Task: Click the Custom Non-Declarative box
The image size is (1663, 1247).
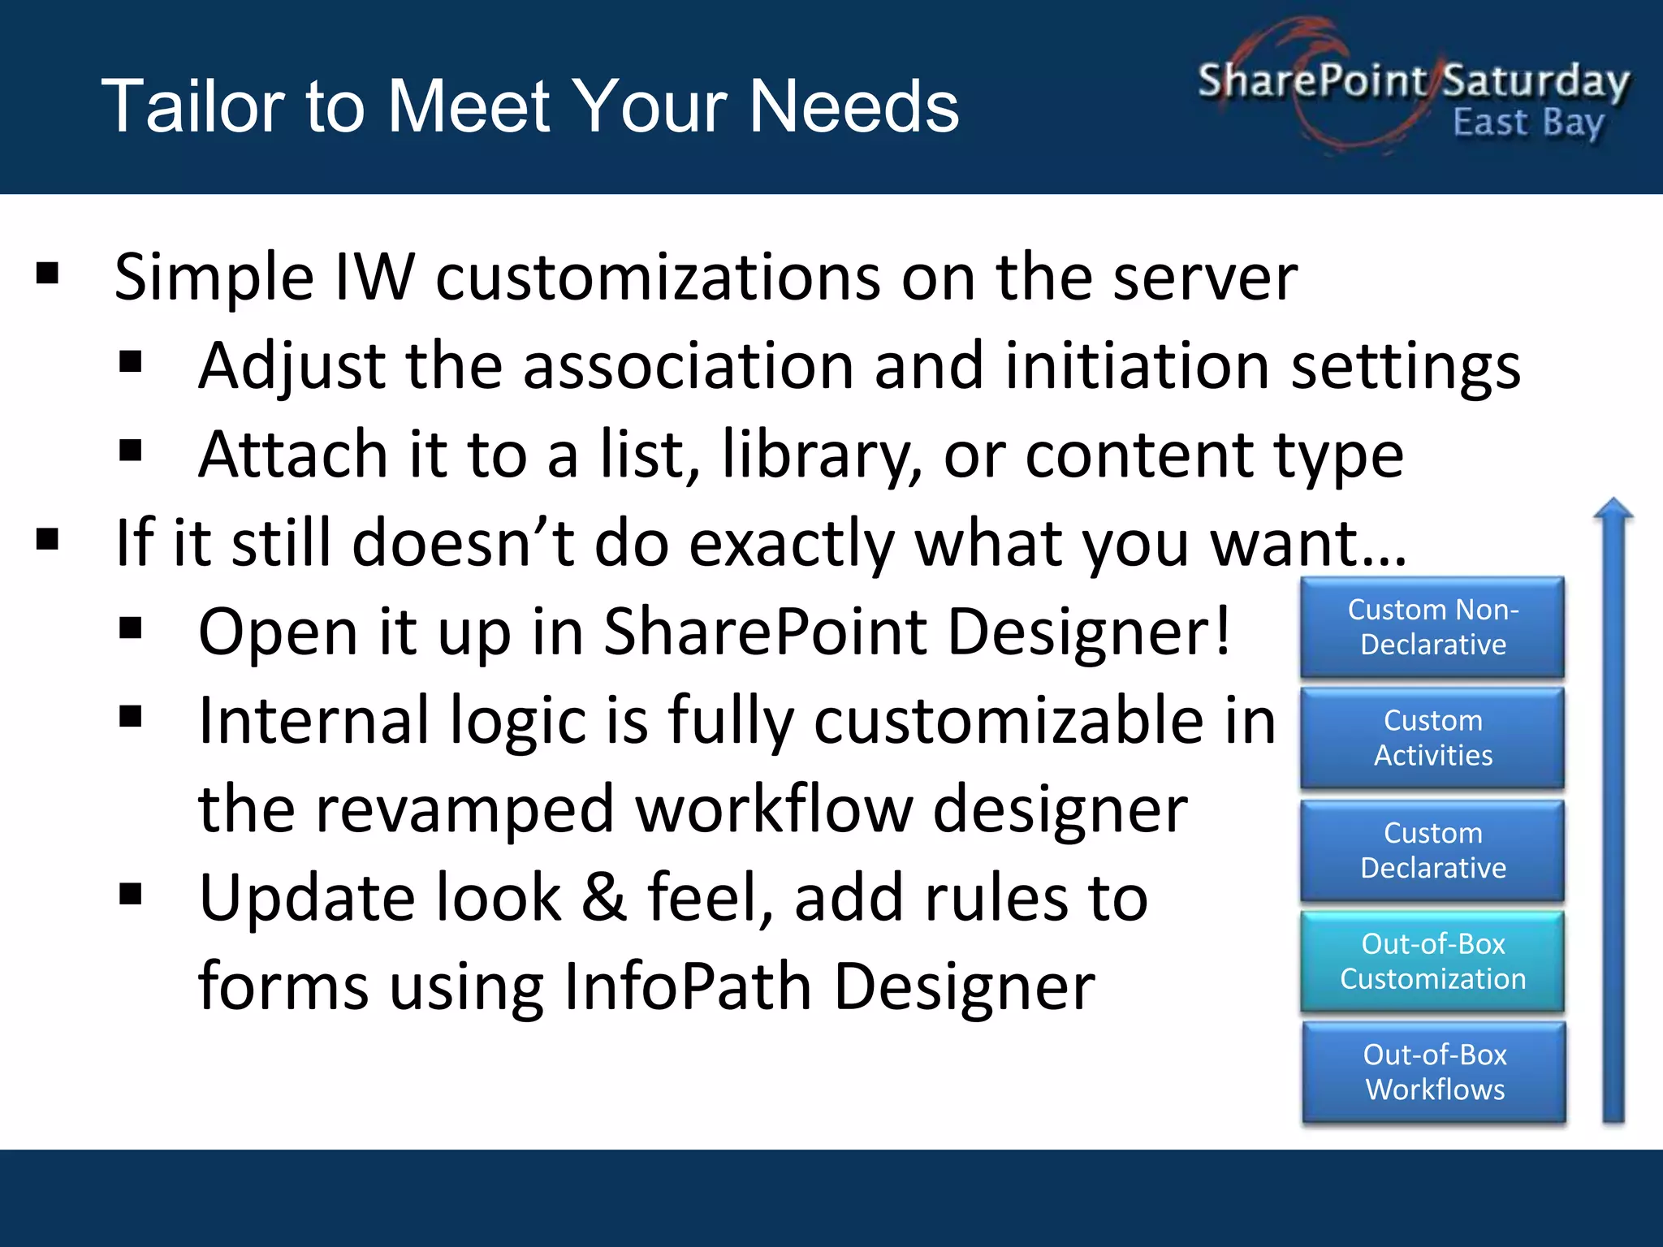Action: click(x=1432, y=627)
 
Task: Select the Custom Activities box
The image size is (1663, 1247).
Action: click(x=1432, y=737)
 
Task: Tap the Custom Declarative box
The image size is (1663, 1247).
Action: click(x=1432, y=850)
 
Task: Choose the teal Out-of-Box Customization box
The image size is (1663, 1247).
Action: click(x=1432, y=961)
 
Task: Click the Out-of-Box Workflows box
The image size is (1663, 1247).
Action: click(x=1434, y=1072)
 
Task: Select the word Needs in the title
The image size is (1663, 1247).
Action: click(x=853, y=106)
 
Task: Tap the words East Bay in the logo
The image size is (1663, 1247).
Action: click(x=1528, y=123)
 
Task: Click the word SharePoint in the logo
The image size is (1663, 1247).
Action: click(x=1311, y=81)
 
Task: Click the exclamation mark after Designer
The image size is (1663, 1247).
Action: click(x=1222, y=632)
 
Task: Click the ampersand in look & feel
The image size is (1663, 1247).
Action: click(x=604, y=899)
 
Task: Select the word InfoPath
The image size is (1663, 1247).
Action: click(x=687, y=987)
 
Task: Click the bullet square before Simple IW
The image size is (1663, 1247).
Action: click(x=48, y=274)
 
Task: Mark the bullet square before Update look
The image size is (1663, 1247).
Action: click(x=130, y=894)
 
